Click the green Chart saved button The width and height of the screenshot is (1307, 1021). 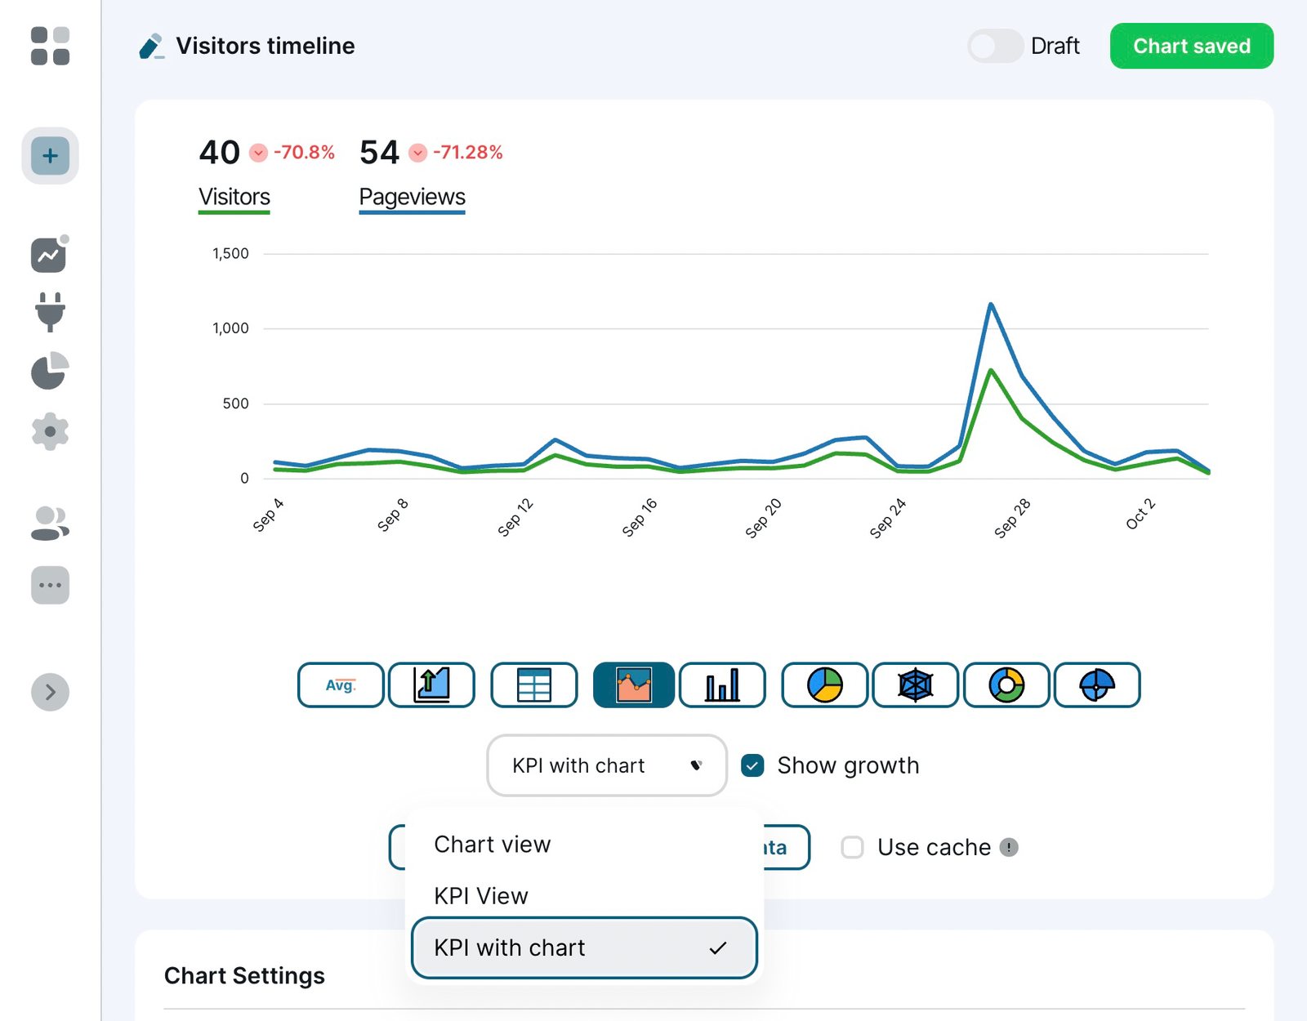point(1191,46)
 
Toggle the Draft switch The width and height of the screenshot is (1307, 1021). point(995,46)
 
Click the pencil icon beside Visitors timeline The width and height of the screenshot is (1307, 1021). point(151,46)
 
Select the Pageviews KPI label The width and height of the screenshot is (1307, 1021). point(412,197)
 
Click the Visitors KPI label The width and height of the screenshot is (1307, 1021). point(234,197)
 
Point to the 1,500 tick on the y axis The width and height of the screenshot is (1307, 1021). point(230,253)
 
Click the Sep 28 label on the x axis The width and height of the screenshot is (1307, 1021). point(1012,519)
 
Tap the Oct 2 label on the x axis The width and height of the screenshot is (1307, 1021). point(1140,514)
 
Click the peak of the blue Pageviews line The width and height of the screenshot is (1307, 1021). point(991,305)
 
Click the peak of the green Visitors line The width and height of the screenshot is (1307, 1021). point(991,371)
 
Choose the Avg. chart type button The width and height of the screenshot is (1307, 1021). point(341,684)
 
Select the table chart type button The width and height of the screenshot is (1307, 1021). point(534,684)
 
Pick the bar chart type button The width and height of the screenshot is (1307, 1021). point(722,684)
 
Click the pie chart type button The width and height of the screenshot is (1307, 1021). point(824,684)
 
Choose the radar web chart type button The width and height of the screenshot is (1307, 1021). point(915,684)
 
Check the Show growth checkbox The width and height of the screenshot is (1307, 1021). point(752,765)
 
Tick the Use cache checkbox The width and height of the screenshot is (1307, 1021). point(852,847)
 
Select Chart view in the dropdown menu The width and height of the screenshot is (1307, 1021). point(493,844)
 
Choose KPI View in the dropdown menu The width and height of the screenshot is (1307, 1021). point(481,896)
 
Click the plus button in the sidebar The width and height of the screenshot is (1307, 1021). point(50,155)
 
